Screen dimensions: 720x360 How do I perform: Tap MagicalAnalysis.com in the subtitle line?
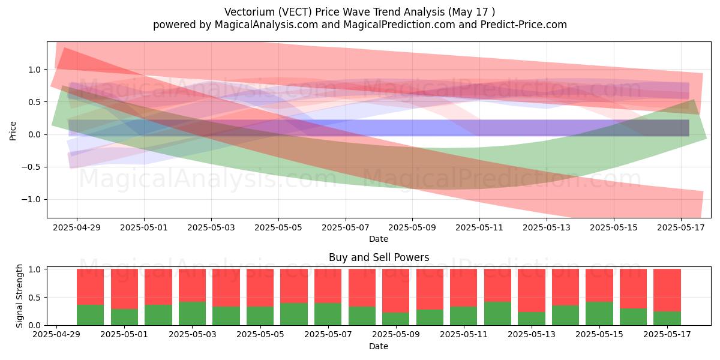[x=266, y=25]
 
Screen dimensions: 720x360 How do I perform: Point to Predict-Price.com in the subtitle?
[x=524, y=25]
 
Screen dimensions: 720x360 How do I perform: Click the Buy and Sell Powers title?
[x=379, y=257]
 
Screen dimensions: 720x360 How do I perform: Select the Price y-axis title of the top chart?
[x=13, y=131]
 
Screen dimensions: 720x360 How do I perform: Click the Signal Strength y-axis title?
[x=19, y=296]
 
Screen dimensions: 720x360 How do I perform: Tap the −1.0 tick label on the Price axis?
[x=31, y=200]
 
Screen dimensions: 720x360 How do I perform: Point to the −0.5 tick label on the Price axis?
[x=31, y=167]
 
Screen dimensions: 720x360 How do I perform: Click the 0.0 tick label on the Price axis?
[x=34, y=134]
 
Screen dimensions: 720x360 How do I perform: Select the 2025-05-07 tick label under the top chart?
[x=346, y=227]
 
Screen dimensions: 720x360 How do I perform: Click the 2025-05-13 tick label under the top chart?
[x=547, y=227]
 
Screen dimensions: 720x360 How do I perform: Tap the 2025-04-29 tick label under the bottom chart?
[x=56, y=335]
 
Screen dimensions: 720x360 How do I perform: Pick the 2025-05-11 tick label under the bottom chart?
[x=464, y=335]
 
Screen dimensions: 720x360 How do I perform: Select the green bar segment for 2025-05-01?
[x=124, y=317]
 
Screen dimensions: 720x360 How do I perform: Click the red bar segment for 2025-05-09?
[x=396, y=291]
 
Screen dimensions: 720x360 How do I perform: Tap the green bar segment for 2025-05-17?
[x=667, y=318]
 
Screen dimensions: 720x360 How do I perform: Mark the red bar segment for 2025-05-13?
[x=532, y=290]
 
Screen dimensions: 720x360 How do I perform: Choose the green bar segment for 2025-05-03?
[x=192, y=313]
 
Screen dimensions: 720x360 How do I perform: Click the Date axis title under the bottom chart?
[x=379, y=347]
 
